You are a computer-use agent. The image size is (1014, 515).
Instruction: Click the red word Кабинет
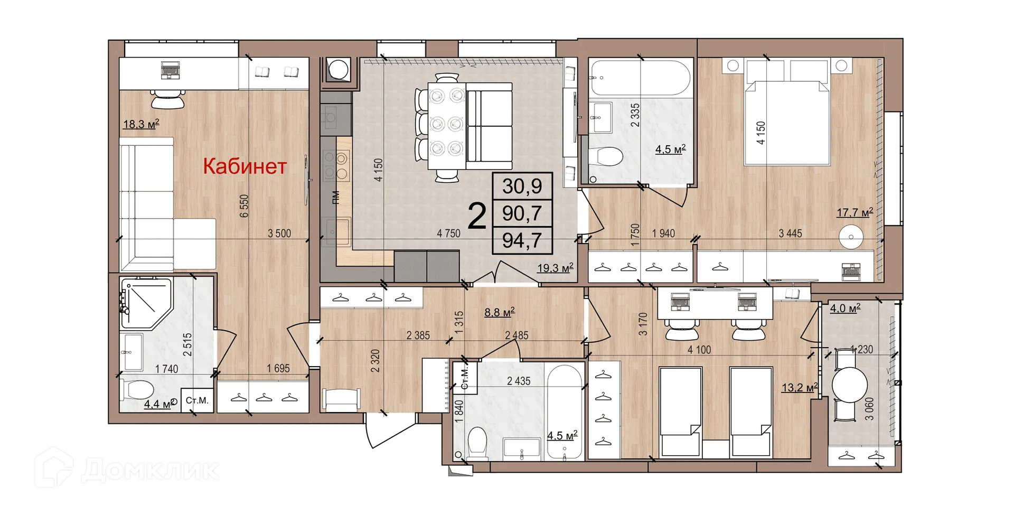click(x=245, y=166)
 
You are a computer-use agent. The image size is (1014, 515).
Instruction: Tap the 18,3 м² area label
click(x=141, y=124)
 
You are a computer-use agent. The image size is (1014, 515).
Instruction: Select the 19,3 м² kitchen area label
click(x=555, y=268)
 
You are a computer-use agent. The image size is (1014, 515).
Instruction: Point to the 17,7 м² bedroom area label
click(x=855, y=212)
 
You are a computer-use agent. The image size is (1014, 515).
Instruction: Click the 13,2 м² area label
click(x=800, y=387)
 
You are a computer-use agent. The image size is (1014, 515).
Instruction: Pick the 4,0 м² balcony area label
click(x=845, y=308)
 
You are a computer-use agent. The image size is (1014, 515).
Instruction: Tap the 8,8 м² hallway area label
click(x=500, y=312)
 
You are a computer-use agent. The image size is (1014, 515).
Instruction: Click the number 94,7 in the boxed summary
click(x=522, y=240)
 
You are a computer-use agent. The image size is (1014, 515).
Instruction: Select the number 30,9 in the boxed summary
click(x=522, y=186)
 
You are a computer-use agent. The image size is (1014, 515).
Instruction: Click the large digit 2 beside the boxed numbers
click(x=477, y=216)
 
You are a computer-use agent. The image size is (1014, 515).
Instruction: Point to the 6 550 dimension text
click(x=244, y=206)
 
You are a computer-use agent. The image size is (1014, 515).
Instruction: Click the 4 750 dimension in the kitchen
click(x=448, y=233)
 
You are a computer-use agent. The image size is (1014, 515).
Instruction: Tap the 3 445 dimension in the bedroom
click(x=790, y=233)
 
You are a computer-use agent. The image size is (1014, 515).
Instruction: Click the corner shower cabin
click(x=145, y=303)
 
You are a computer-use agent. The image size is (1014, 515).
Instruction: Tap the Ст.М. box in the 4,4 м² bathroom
click(x=197, y=400)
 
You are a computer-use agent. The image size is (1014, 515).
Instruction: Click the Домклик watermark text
click(x=151, y=469)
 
